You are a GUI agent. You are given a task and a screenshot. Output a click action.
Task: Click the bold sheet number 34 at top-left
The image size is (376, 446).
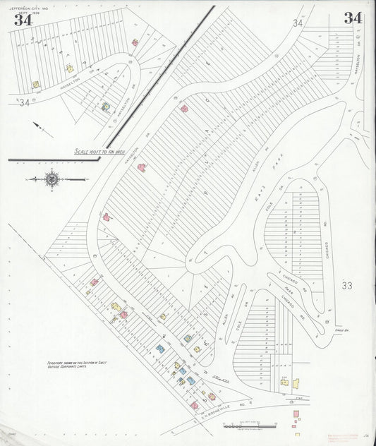(x=22, y=19)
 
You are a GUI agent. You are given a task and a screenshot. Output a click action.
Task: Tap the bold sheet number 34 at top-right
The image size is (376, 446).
(x=353, y=18)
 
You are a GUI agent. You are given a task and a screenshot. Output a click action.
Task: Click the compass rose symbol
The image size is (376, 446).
(x=51, y=179)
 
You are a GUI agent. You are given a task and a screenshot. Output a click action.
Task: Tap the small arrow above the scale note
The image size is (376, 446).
(x=42, y=129)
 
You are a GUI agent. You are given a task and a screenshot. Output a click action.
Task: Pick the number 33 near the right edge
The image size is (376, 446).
(x=346, y=286)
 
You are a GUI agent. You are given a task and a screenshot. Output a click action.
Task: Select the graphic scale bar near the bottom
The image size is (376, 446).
(x=243, y=426)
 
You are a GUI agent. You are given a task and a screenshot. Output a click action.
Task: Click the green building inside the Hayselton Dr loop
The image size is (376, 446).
(x=106, y=107)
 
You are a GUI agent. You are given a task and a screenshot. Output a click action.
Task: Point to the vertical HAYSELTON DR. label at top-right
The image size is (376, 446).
(x=357, y=66)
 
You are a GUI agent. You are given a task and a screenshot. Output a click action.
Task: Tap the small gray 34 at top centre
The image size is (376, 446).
(x=298, y=23)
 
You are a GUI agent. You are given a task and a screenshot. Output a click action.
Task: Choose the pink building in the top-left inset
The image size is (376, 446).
(x=135, y=42)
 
